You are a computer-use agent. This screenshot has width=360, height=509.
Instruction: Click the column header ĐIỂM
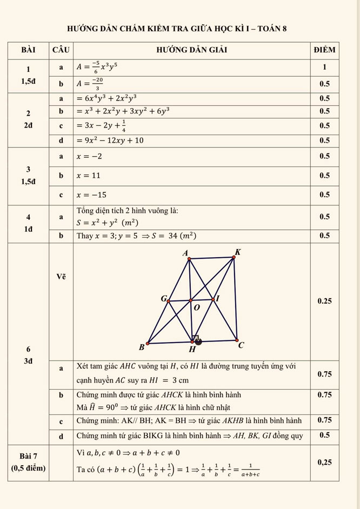[324, 50]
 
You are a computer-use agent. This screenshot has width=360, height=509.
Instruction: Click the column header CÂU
[61, 50]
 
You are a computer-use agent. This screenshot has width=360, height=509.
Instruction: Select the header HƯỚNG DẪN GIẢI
[191, 50]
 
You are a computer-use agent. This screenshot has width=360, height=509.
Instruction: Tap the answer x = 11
[89, 176]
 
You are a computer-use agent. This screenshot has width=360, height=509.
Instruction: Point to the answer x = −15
[91, 195]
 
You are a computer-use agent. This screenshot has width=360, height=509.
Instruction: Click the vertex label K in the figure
[238, 252]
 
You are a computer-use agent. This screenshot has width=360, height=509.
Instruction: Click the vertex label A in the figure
[185, 253]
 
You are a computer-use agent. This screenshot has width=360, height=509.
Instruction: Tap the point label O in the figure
[196, 307]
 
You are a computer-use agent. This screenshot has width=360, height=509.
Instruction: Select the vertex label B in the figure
[142, 346]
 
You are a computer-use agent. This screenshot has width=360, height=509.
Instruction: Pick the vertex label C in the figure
[241, 345]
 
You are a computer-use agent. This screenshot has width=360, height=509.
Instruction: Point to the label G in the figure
[163, 298]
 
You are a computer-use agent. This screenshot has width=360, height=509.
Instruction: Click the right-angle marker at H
[197, 339]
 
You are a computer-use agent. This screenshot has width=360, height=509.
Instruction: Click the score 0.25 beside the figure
[324, 301]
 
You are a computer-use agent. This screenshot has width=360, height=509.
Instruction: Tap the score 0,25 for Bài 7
[324, 462]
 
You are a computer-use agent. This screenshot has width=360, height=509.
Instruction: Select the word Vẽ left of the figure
[61, 277]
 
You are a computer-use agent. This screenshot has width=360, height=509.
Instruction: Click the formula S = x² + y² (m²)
[107, 222]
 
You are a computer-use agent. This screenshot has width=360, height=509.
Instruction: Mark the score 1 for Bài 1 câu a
[324, 68]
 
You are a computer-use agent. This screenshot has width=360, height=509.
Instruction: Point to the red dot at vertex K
[234, 258]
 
